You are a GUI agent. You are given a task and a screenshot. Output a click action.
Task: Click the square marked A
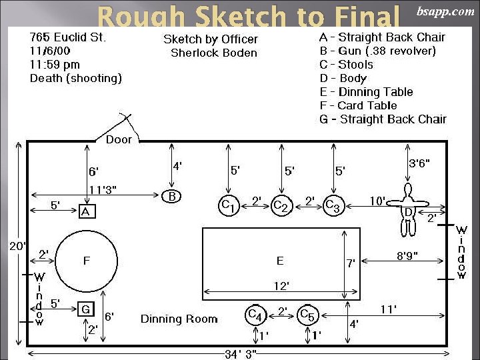[x=85, y=211]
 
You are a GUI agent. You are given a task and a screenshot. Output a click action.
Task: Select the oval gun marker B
[x=172, y=196]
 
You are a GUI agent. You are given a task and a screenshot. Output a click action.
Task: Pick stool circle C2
[x=282, y=205]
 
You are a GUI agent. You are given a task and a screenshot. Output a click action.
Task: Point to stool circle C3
[x=333, y=206]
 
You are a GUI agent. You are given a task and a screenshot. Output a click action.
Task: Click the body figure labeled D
[x=408, y=212]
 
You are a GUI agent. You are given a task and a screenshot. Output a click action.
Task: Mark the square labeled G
[x=85, y=309]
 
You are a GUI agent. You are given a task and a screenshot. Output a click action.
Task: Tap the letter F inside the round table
[x=86, y=261]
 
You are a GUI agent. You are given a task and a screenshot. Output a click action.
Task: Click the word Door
[x=119, y=139]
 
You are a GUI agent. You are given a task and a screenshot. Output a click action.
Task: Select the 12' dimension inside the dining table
[x=281, y=286]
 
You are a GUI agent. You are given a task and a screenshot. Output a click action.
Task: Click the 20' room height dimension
[x=16, y=246]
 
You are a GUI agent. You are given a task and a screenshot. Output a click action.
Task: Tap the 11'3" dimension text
[x=103, y=189]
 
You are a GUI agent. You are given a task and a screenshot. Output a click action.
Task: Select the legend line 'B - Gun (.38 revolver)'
[x=377, y=51]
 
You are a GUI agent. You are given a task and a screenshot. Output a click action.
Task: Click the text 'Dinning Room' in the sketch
[x=179, y=319]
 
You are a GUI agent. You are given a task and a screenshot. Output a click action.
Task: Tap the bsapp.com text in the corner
[x=445, y=11]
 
